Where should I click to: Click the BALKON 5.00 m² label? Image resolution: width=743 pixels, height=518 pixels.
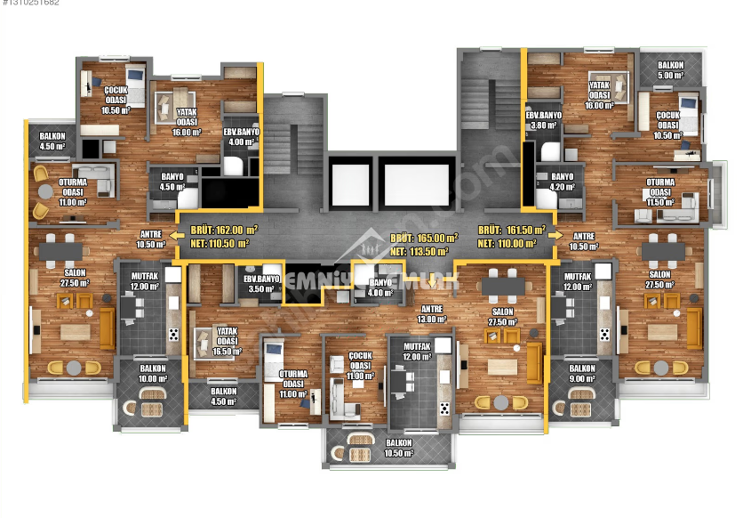pos(670,70)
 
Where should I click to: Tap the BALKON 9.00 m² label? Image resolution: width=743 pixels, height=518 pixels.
pos(582,373)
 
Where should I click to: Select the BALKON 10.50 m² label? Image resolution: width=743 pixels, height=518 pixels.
pos(399,448)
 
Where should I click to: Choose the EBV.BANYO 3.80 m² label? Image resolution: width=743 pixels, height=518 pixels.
pos(543,120)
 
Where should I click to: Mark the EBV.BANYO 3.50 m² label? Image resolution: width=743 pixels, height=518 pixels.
pos(262,284)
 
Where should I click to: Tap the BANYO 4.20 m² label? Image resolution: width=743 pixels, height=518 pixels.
pos(562,182)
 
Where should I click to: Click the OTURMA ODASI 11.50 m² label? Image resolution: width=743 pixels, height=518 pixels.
pos(659,190)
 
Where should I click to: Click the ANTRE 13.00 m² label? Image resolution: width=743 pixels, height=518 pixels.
pos(431,313)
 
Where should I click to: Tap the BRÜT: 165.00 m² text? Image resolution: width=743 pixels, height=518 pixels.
pos(424,239)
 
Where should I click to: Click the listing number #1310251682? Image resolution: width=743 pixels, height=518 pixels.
pos(31,4)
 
